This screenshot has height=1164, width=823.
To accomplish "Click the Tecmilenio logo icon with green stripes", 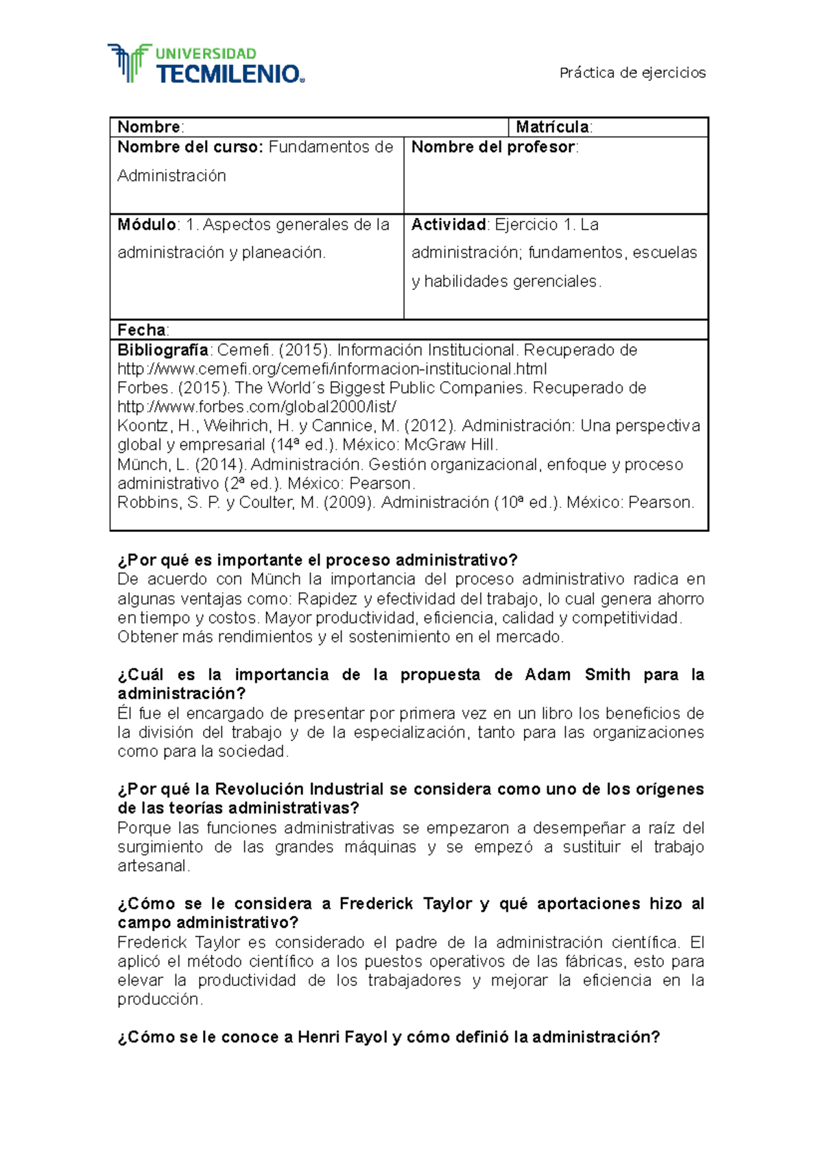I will [128, 63].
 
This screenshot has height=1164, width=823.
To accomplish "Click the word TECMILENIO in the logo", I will [229, 74].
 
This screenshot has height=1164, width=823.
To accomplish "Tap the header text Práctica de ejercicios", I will [632, 73].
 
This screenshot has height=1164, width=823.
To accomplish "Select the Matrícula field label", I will [553, 127].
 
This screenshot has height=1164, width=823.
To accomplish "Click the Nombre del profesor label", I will [493, 147].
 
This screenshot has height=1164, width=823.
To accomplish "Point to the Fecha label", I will [142, 330].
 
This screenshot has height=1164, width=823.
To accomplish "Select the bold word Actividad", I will [449, 224].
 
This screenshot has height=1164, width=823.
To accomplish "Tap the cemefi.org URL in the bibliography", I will [332, 369].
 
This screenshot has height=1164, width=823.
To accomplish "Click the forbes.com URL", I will [257, 407].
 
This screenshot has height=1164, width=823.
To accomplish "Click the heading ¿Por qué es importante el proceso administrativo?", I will [317, 560].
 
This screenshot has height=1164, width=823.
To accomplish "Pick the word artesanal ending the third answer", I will [152, 866].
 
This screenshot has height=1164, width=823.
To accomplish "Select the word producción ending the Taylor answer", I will [159, 999].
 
